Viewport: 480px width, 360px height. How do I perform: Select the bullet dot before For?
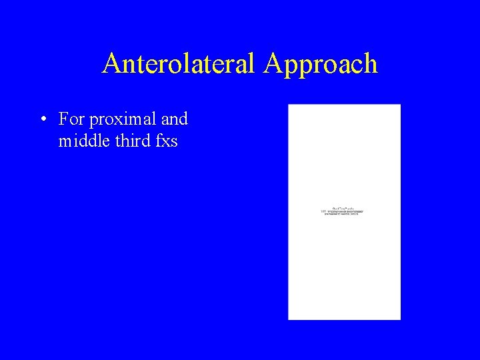tap(42, 120)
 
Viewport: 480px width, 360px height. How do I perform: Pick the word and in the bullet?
tap(175, 119)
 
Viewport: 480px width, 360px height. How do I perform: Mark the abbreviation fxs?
tap(167, 141)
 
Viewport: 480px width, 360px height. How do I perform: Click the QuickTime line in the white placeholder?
tap(343, 208)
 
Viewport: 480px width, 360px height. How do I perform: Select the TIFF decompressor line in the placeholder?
tap(343, 211)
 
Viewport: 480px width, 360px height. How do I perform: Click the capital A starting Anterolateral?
tap(111, 64)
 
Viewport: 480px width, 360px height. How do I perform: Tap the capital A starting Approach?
tap(273, 64)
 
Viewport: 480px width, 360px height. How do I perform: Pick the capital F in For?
tap(63, 119)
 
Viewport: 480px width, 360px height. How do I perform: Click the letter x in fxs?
tap(167, 142)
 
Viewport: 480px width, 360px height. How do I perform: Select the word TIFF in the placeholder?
tap(324, 211)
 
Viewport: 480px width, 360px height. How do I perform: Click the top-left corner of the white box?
tap(289, 105)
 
